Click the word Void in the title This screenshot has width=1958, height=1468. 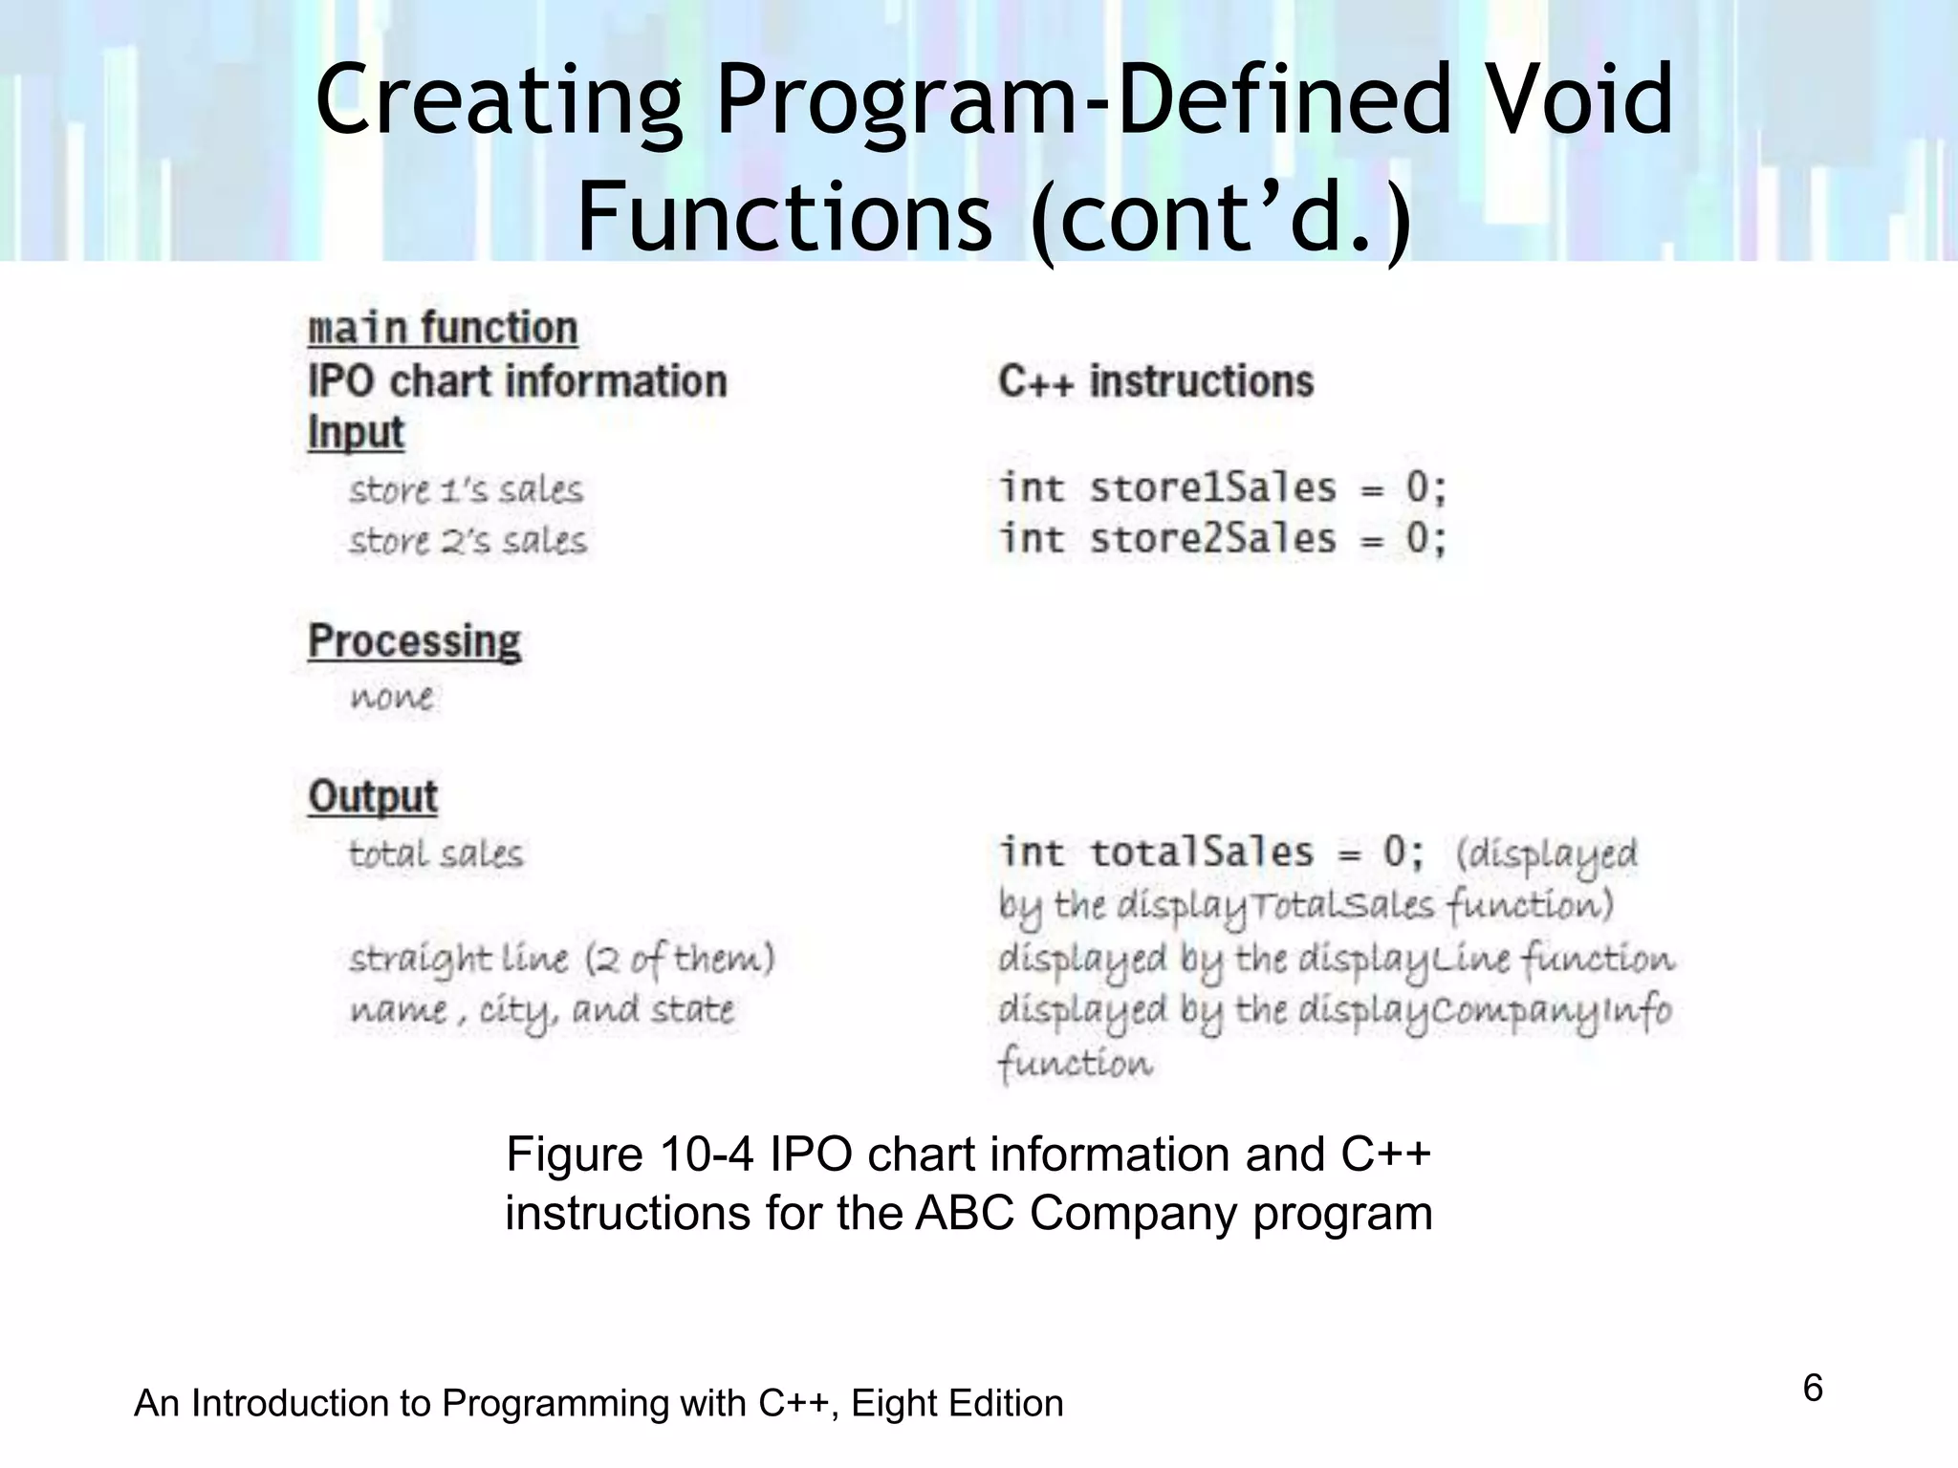(x=1580, y=99)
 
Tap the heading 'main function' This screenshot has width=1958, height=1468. (x=443, y=329)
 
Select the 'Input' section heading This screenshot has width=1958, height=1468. (x=356, y=433)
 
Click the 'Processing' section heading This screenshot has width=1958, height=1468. (x=414, y=641)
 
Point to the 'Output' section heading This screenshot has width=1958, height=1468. (x=373, y=796)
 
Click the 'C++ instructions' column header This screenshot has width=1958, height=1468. (x=1156, y=381)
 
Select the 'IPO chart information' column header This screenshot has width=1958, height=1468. (x=517, y=381)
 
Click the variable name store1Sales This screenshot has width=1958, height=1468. (x=1212, y=488)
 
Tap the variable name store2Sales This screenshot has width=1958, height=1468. (x=1212, y=539)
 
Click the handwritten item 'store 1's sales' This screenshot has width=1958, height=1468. (x=466, y=490)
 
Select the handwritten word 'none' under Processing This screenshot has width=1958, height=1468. (x=392, y=697)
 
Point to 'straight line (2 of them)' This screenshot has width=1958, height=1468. (x=562, y=959)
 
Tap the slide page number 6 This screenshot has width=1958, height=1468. (x=1812, y=1388)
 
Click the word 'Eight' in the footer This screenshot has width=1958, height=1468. (x=892, y=1404)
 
